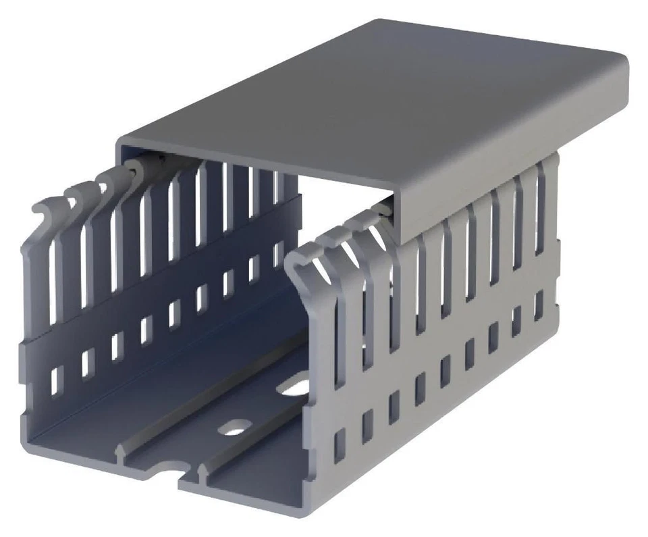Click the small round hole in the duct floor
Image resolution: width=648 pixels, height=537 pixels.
coord(234,427)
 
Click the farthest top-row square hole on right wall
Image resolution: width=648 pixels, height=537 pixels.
coord(538,305)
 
